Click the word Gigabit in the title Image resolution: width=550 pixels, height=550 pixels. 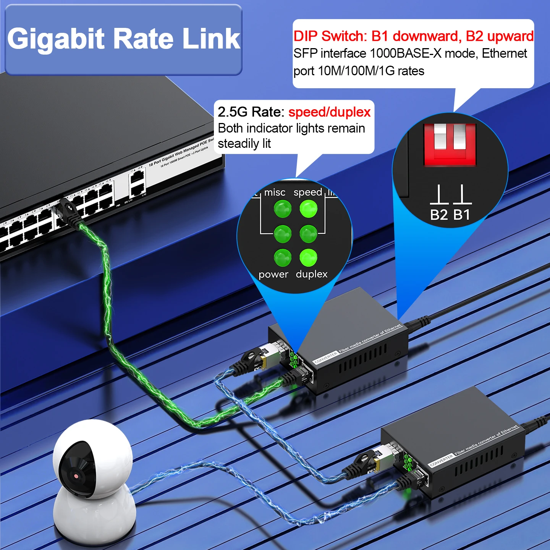coord(56,39)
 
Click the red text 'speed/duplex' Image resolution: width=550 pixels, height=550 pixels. coord(329,112)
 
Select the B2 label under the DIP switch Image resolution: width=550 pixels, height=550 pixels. coord(439,215)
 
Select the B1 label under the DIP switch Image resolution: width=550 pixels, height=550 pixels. coord(462,215)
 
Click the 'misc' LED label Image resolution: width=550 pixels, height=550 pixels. coord(275,192)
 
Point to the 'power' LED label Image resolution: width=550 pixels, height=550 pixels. coord(273,274)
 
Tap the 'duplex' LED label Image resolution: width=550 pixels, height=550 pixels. coord(312,274)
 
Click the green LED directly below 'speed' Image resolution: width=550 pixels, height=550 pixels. coord(308,209)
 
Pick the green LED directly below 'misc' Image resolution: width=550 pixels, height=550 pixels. coord(283,209)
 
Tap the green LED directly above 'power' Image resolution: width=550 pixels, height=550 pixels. coord(283,257)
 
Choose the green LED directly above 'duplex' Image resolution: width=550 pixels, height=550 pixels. coord(308,257)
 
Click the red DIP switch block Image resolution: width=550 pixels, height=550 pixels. coord(450,144)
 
